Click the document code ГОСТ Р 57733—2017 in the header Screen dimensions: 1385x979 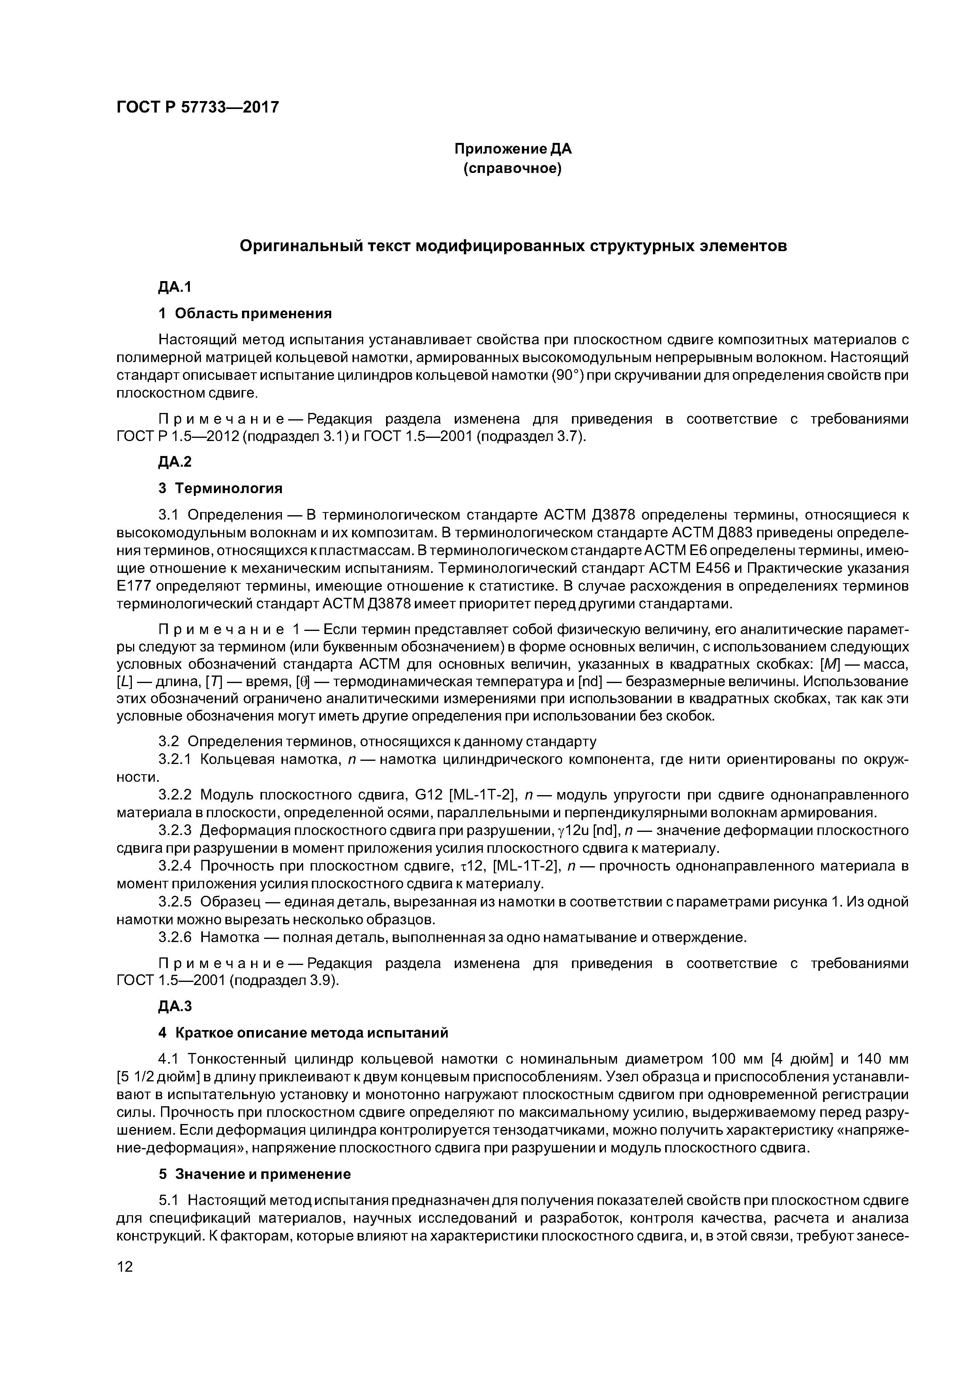pos(198,107)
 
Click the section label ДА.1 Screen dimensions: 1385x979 pos(174,287)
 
